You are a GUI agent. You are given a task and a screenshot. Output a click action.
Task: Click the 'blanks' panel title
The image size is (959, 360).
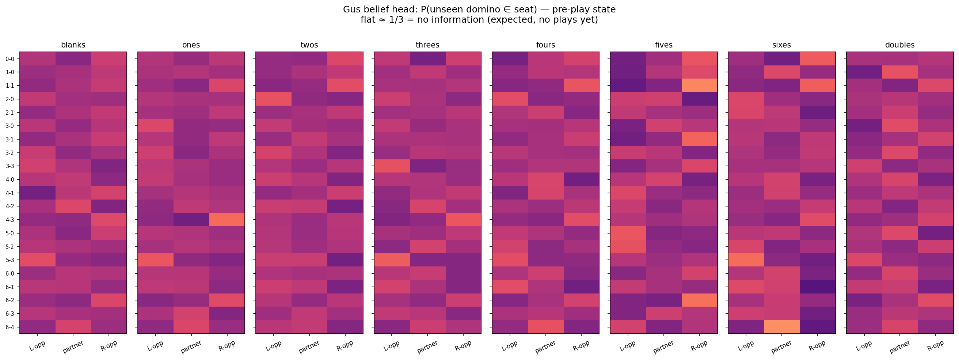point(73,45)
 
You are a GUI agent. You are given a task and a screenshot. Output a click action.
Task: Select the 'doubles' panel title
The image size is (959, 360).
point(899,45)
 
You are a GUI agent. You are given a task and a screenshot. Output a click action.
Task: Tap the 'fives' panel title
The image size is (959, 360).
point(663,45)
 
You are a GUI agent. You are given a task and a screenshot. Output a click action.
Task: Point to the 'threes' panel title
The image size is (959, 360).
point(427,45)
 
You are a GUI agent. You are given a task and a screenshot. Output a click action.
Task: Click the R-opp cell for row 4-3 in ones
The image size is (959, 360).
point(227,220)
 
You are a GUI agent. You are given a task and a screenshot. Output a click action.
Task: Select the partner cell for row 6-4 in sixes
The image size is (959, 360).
point(781,327)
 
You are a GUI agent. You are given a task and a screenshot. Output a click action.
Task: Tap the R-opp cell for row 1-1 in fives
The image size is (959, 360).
point(699,86)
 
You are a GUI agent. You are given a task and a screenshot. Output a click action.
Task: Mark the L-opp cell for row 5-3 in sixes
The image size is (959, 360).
point(746,260)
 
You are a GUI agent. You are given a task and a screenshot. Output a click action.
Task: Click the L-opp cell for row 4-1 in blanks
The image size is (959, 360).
point(38,193)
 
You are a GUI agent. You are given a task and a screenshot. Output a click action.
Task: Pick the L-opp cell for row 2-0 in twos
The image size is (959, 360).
point(274,99)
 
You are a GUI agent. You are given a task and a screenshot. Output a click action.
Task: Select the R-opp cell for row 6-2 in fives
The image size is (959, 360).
point(699,300)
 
